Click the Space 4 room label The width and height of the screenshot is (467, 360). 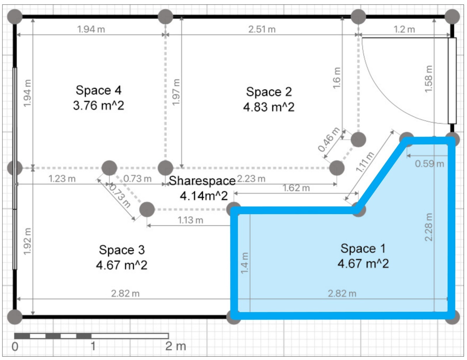tap(98, 90)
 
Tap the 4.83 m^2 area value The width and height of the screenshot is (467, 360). tap(269, 107)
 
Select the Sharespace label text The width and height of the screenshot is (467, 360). tap(202, 181)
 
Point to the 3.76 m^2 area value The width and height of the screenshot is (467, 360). tap(98, 106)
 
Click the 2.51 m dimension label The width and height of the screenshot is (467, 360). tap(262, 29)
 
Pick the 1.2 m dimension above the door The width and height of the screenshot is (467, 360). tap(404, 29)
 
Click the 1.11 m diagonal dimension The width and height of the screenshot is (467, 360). tap(365, 162)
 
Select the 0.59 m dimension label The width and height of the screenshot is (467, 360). tap(429, 164)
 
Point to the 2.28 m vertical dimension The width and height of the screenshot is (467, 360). tap(428, 227)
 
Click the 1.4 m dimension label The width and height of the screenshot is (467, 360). tap(245, 263)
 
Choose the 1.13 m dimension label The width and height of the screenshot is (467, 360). tap(190, 220)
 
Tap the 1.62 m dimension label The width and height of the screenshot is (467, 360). tap(296, 188)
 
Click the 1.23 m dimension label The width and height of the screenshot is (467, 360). tap(62, 179)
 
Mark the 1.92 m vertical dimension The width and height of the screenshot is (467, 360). tap(27, 242)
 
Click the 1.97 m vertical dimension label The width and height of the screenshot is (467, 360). tap(176, 92)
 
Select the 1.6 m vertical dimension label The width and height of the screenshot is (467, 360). tap(337, 78)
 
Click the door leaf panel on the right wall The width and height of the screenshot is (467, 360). tap(452, 81)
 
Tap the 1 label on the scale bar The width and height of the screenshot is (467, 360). tap(93, 346)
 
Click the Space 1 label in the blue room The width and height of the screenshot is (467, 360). tap(363, 249)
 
